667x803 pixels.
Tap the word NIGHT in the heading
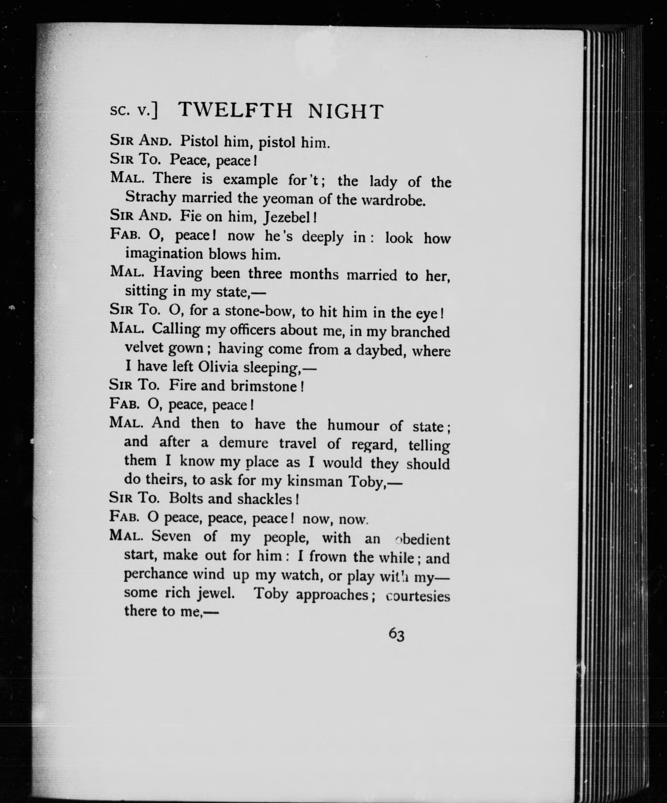click(x=345, y=112)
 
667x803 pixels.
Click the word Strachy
click(x=151, y=197)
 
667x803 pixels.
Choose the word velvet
click(x=144, y=348)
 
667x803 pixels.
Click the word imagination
click(x=164, y=254)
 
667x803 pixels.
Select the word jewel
click(x=216, y=593)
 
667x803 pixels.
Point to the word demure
click(x=243, y=443)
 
